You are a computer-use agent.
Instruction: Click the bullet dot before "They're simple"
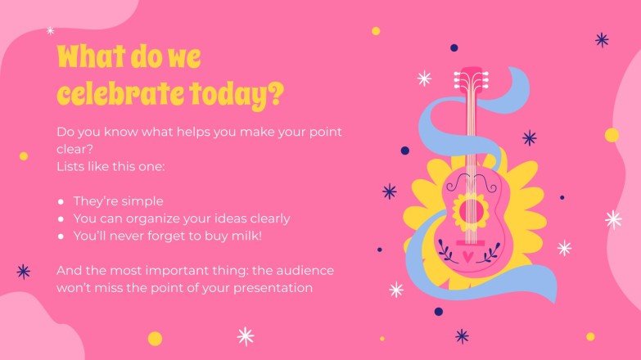pyautogui.click(x=61, y=201)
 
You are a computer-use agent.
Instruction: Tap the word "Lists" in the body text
pyautogui.click(x=72, y=166)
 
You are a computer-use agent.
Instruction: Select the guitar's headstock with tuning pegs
pyautogui.click(x=470, y=79)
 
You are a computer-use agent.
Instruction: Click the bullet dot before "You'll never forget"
pyautogui.click(x=61, y=236)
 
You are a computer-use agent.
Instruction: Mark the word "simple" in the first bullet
pyautogui.click(x=144, y=201)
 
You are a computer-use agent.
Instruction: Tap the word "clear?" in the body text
pyautogui.click(x=74, y=148)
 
